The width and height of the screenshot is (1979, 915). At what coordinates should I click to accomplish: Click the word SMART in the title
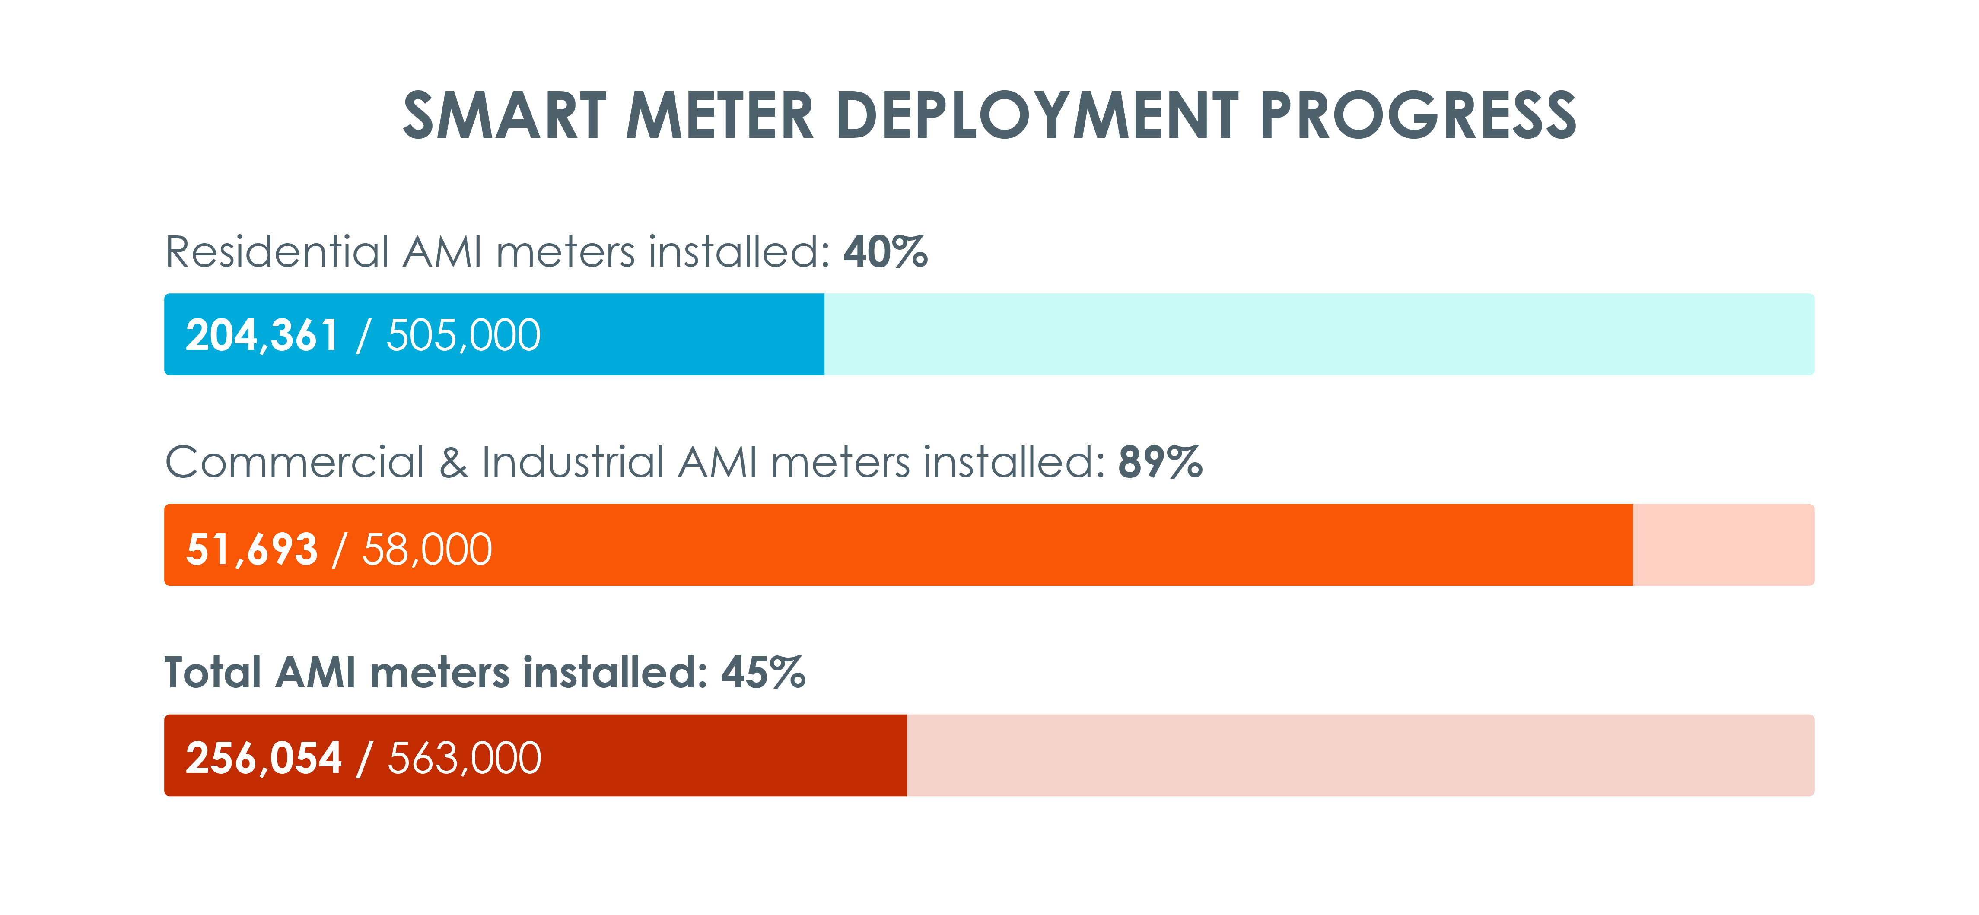(504, 116)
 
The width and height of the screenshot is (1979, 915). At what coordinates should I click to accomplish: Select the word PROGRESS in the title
(1417, 116)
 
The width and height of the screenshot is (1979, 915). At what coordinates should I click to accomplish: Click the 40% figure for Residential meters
(885, 252)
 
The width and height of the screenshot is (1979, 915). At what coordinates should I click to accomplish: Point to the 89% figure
(1160, 463)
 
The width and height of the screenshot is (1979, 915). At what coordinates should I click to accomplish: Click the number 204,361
(262, 336)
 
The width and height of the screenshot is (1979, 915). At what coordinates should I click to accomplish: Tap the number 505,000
(463, 336)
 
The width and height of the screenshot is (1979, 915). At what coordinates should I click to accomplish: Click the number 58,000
(427, 550)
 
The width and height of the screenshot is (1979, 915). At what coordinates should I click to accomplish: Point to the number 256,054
(264, 758)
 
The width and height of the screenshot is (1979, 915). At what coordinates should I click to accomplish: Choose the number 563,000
(465, 758)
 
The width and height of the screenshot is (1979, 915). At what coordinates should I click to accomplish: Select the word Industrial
(573, 463)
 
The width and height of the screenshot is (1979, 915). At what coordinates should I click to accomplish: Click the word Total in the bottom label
(213, 673)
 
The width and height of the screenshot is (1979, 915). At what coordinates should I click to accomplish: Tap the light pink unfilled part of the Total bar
(1360, 755)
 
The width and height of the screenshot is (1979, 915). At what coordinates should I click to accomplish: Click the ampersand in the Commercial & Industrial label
(453, 463)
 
